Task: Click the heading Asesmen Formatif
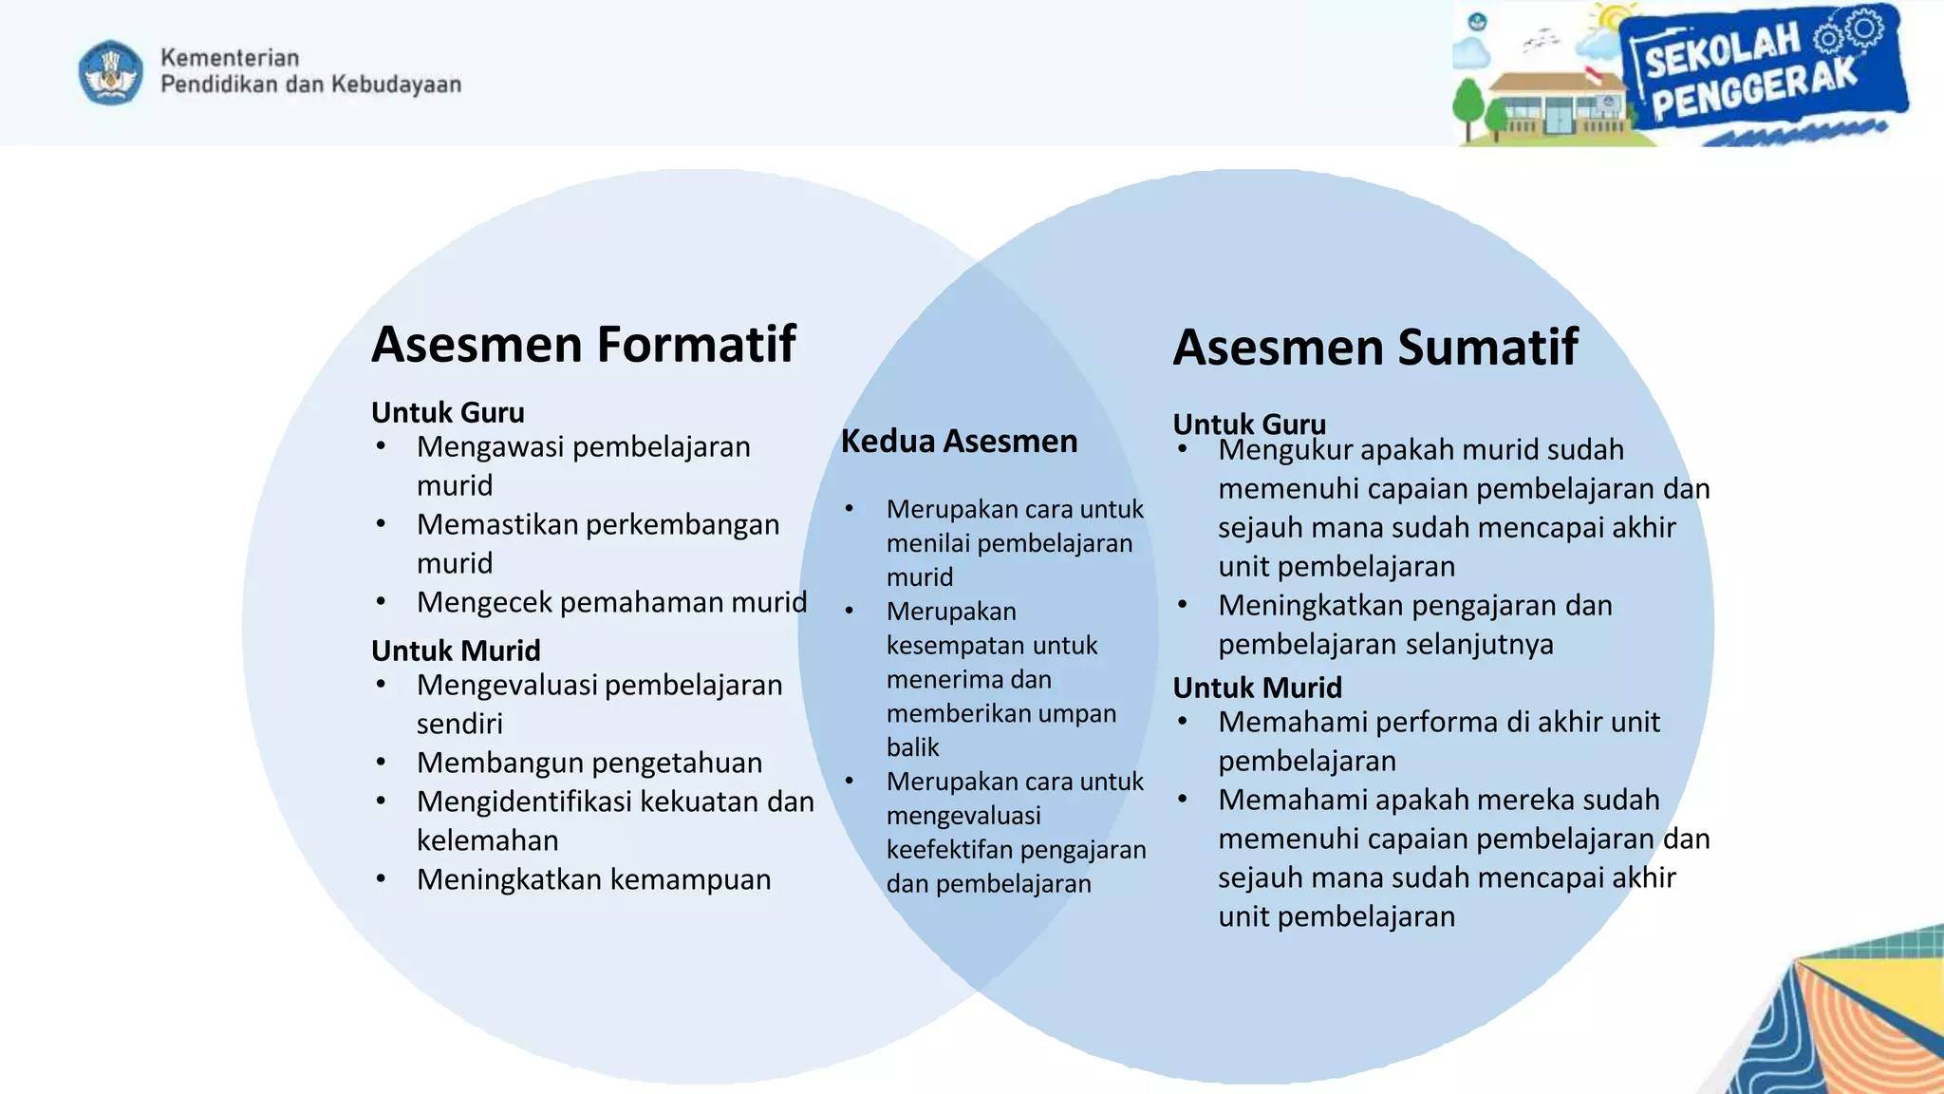point(583,344)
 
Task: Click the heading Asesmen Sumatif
point(1374,347)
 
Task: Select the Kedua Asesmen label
point(959,442)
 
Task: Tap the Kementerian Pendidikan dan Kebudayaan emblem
point(111,72)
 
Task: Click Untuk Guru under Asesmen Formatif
point(447,413)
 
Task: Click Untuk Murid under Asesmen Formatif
point(456,651)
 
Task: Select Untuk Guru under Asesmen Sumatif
point(1249,424)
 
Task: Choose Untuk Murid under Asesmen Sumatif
point(1257,688)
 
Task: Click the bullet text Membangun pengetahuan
point(589,763)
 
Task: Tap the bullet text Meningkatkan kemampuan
point(593,879)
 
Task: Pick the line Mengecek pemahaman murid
point(611,602)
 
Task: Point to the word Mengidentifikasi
point(525,802)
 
